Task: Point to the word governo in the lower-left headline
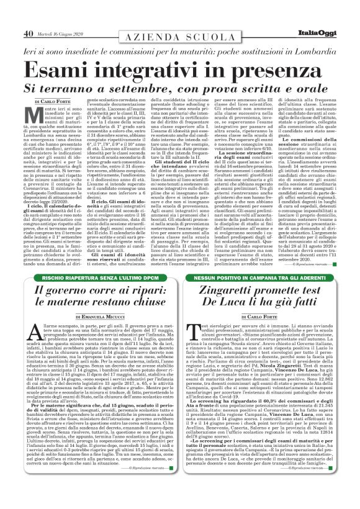pyautogui.click(x=66, y=292)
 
